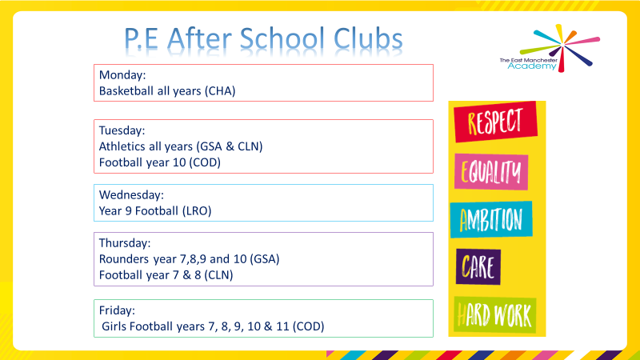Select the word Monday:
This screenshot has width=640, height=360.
click(122, 75)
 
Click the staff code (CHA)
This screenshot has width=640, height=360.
click(220, 91)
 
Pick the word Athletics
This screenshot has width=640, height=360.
click(122, 146)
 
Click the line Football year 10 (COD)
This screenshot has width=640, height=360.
click(159, 162)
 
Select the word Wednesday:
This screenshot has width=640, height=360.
click(131, 194)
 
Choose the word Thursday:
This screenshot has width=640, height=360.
click(125, 242)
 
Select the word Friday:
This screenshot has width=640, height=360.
click(116, 310)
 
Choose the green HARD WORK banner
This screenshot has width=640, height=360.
click(494, 314)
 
